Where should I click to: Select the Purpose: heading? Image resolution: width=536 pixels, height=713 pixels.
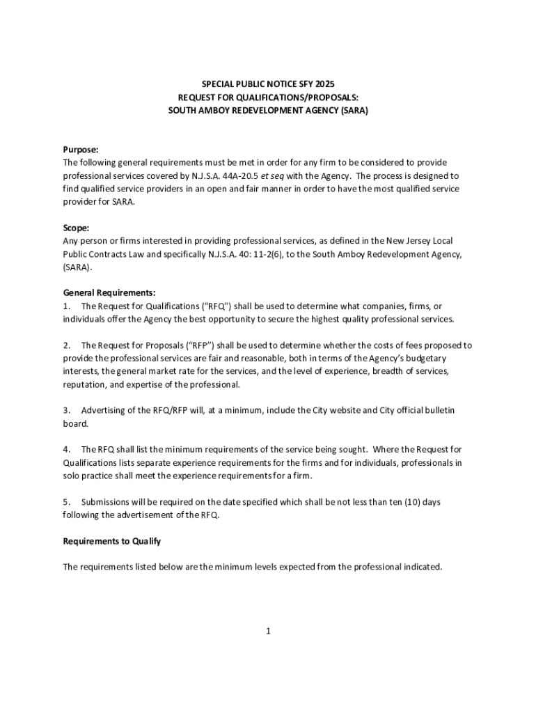81,150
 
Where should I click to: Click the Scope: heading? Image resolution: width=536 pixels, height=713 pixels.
77,228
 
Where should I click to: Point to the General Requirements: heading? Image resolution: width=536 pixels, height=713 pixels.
109,293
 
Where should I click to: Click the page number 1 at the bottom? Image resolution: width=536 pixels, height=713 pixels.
268,631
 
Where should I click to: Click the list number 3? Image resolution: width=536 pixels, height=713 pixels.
66,411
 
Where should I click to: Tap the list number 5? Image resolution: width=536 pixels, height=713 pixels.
66,502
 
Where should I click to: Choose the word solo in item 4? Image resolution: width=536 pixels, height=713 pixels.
73,476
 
